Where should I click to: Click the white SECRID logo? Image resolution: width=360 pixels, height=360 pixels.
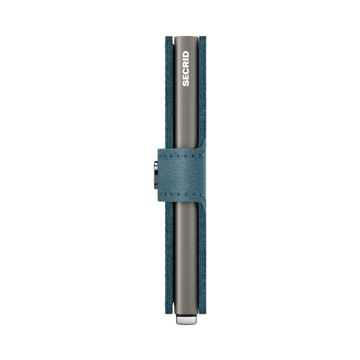coord(186,69)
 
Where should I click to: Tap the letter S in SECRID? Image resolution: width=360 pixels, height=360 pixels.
coord(186,83)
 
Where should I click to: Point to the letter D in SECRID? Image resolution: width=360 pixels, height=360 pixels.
coord(186,54)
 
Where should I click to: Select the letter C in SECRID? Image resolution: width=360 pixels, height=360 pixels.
coord(186,71)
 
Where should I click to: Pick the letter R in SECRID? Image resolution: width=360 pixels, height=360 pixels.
coord(186,65)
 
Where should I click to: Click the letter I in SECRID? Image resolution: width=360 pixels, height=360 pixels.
coord(186,60)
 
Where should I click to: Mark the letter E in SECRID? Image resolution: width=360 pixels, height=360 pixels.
coord(186,77)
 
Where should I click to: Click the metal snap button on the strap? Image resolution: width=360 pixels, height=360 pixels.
coord(156,175)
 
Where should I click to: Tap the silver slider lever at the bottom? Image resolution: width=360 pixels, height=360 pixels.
coord(186,319)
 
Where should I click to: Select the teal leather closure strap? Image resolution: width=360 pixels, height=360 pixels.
coord(181,175)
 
